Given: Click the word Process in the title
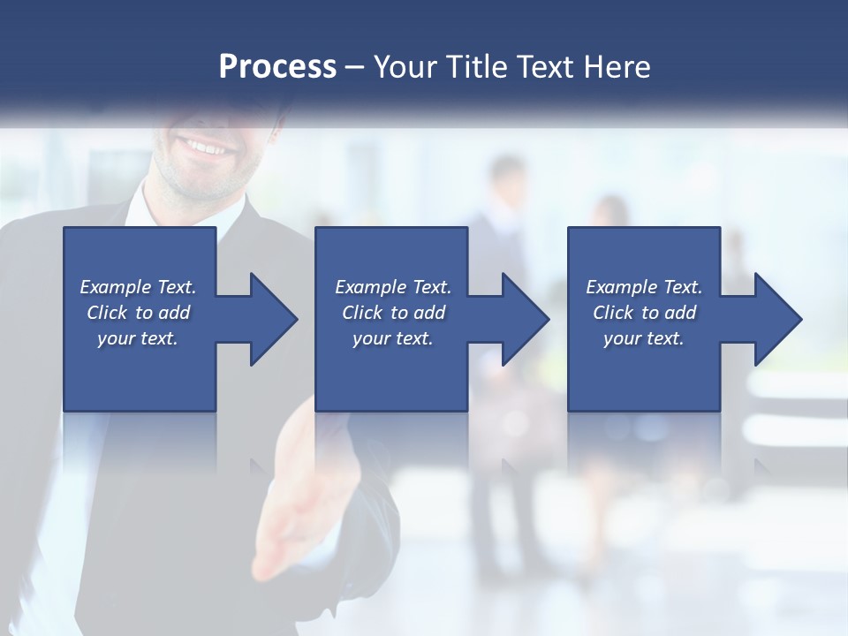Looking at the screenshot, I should pos(277,66).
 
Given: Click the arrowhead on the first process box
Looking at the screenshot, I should pos(270,319).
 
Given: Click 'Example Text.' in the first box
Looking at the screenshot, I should pos(138,287).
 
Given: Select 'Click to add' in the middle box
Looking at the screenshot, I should pos(394,313).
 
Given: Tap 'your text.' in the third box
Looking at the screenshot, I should pos(644,338).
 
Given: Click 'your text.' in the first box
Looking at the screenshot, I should pos(138,338).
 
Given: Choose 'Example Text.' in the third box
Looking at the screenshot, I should pos(644,287).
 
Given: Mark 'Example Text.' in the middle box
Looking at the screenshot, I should pos(393,287).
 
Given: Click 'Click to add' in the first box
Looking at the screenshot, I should pos(139,313).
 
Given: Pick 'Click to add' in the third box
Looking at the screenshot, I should pos(645,313).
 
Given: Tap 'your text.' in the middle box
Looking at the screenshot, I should pos(393,338).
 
